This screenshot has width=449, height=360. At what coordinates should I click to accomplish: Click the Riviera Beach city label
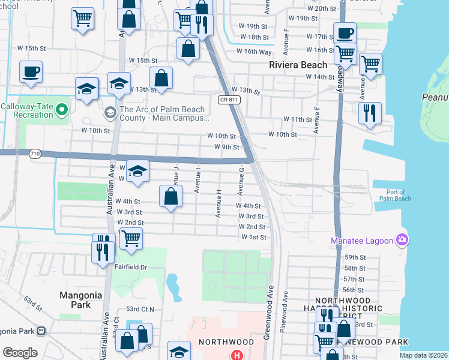(298, 65)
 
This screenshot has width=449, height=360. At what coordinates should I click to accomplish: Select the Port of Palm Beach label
(395, 195)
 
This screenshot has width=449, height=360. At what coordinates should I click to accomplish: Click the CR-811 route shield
(226, 100)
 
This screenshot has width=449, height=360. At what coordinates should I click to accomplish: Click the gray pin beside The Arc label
(110, 112)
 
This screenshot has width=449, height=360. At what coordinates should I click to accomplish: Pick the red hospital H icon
(238, 355)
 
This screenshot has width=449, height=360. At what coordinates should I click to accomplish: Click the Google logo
(20, 352)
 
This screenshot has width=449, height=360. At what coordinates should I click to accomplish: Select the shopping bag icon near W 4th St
(171, 196)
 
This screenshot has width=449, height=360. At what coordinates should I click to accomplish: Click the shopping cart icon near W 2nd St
(131, 238)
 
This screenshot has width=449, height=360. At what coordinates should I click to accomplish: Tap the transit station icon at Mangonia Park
(41, 331)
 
